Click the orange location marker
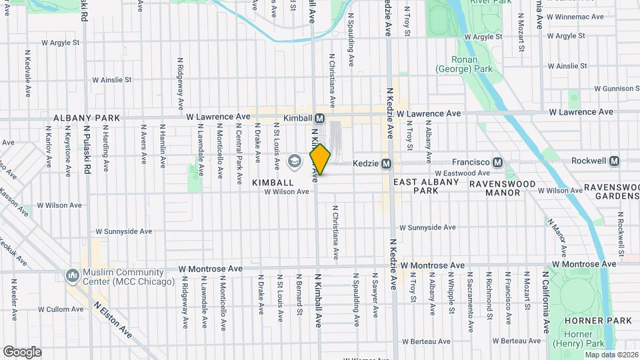(x=320, y=159)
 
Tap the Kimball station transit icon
(x=320, y=118)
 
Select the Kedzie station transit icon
(x=386, y=163)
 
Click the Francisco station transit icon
(x=497, y=162)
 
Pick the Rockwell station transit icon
(x=614, y=161)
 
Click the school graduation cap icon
(x=293, y=161)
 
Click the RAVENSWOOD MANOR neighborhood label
(x=493, y=187)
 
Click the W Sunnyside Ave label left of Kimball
(x=124, y=231)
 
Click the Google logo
(x=22, y=351)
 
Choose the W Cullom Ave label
(x=59, y=309)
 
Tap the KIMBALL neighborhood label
(x=273, y=182)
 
